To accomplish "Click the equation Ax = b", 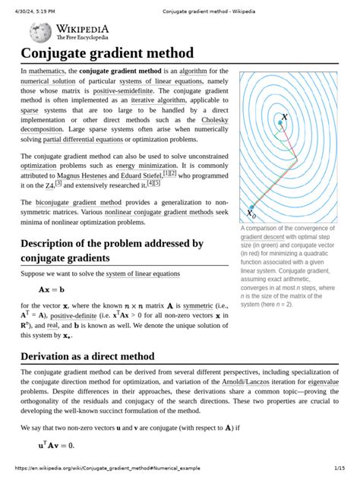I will pos(51,289).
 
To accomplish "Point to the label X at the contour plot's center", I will pos(284,118).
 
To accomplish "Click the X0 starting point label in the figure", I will pos(251,213).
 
